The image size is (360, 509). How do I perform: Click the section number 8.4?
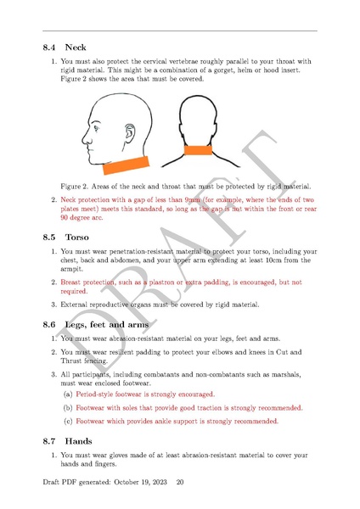pyautogui.click(x=52, y=48)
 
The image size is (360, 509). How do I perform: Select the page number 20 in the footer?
pyautogui.click(x=179, y=482)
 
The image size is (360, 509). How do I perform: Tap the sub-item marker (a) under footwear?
pyautogui.click(x=68, y=394)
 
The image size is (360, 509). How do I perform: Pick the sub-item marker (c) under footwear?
pyautogui.click(x=68, y=420)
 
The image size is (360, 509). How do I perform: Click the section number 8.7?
pyautogui.click(x=52, y=441)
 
